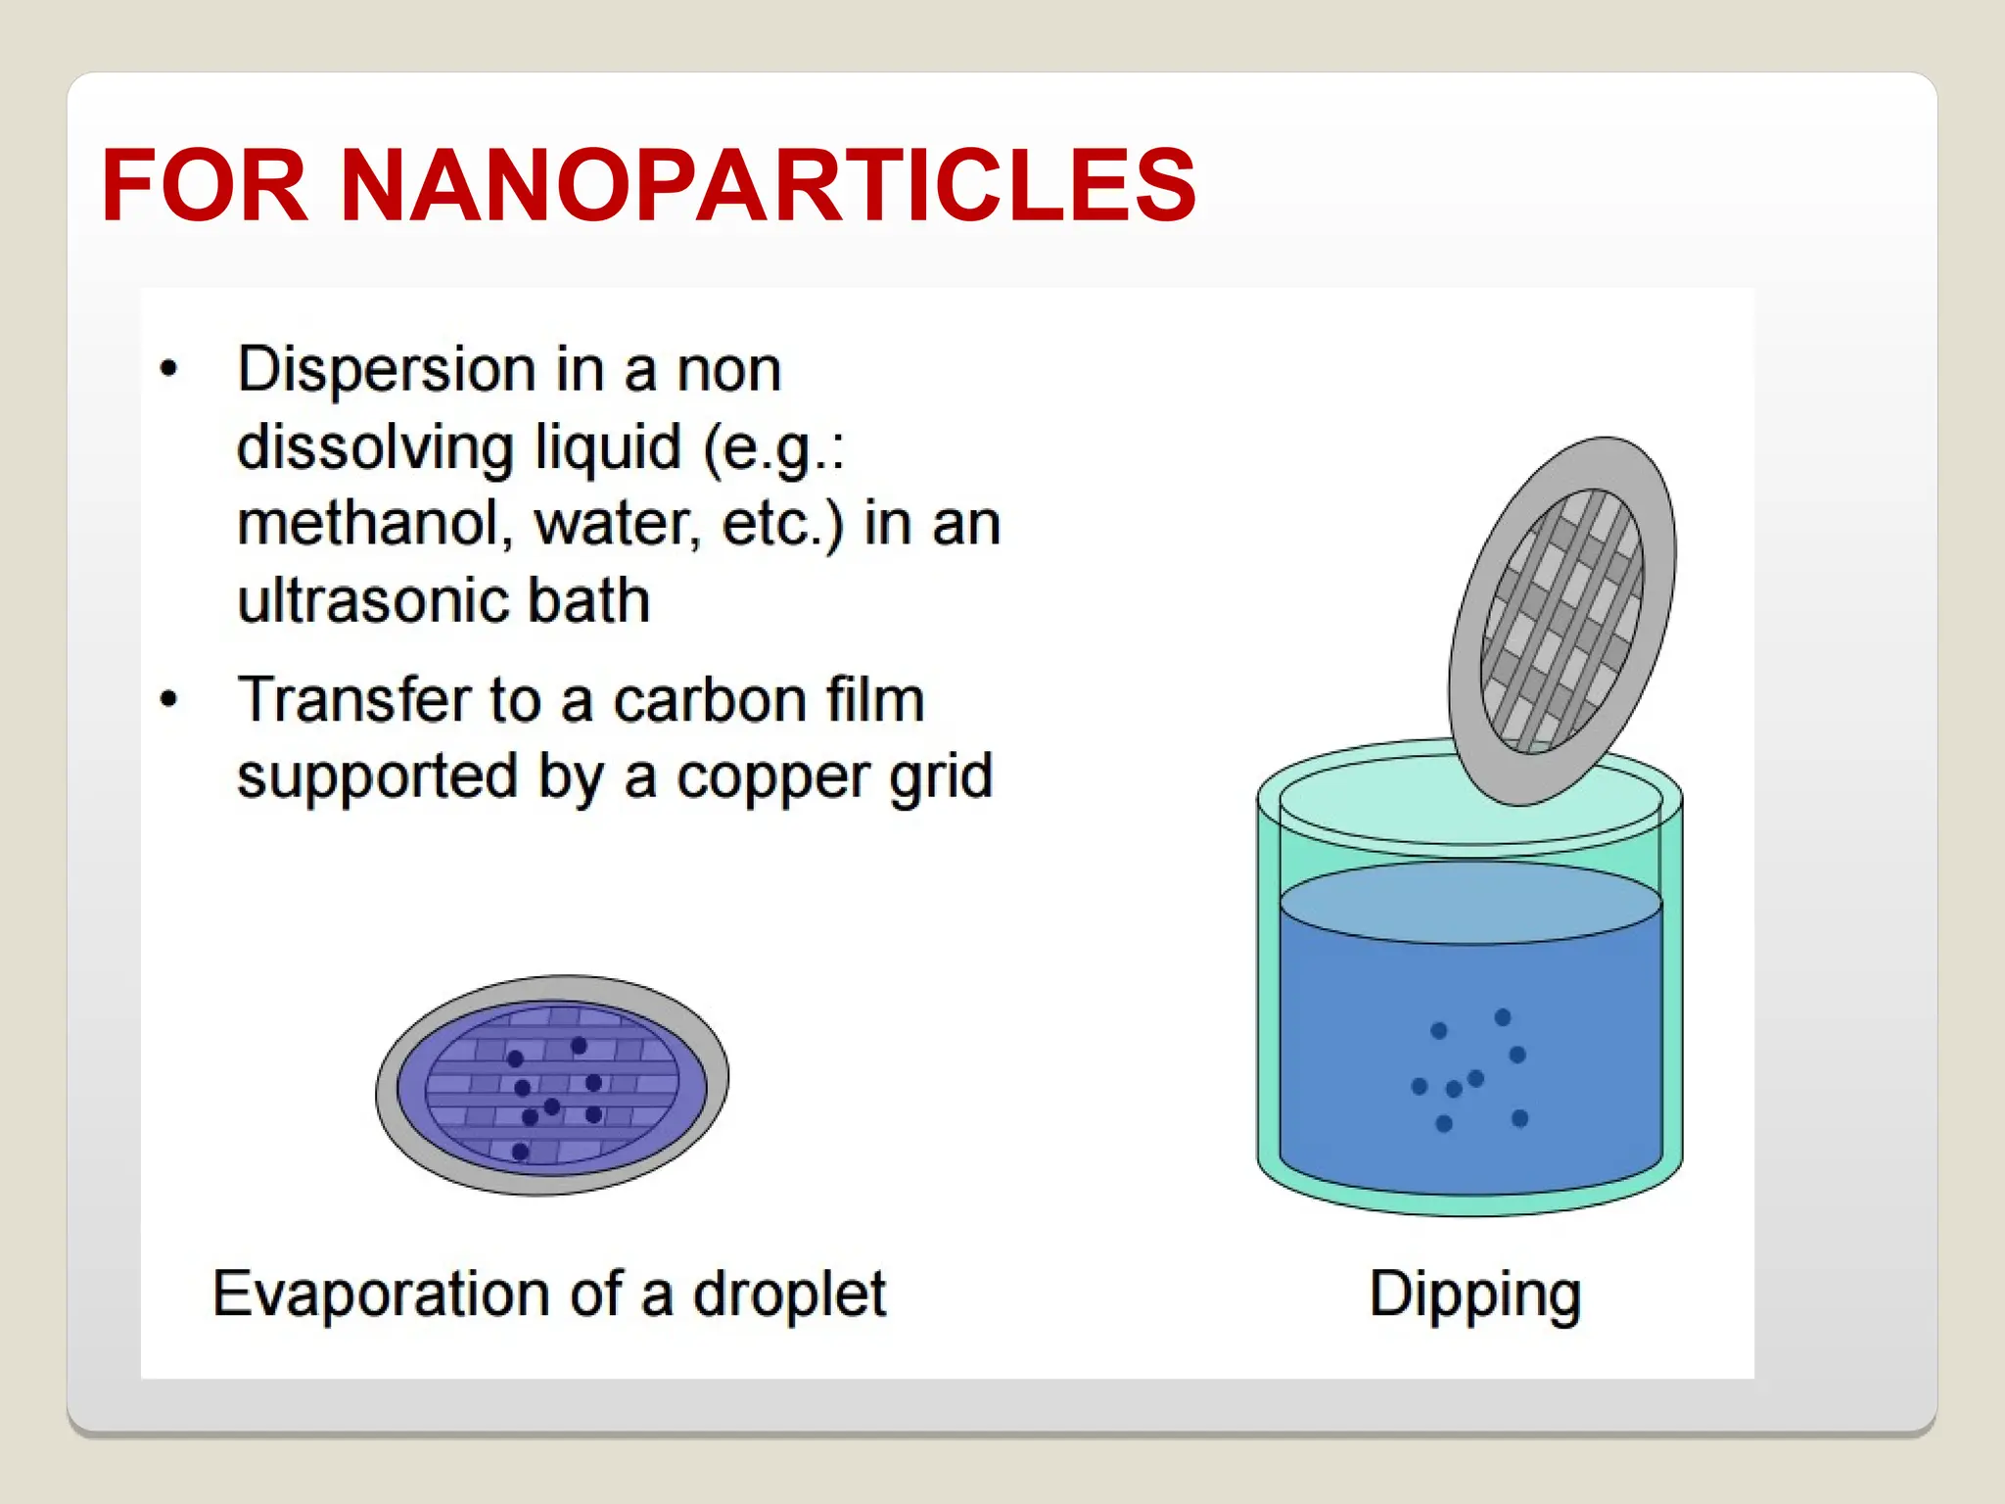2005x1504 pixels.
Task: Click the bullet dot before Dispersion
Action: pos(169,369)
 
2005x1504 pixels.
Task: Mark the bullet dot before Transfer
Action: pos(169,699)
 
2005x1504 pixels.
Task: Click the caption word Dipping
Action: pos(1474,1295)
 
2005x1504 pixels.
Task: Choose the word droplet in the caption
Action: pos(789,1295)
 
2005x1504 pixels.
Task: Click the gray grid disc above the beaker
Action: pos(1562,620)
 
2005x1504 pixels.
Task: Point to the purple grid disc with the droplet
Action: pos(552,1085)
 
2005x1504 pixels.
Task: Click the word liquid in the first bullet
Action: pos(608,448)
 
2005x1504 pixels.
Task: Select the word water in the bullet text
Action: pos(617,524)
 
